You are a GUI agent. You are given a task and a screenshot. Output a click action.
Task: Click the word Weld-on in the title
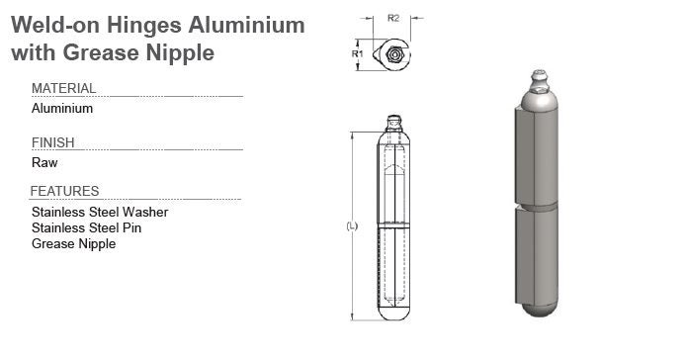tap(55, 25)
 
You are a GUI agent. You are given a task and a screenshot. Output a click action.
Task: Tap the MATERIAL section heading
tap(63, 88)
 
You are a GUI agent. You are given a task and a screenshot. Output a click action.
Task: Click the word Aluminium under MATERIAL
tap(62, 108)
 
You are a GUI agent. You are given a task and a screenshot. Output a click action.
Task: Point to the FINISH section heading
tap(52, 142)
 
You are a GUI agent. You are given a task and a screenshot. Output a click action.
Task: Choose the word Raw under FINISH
tap(44, 162)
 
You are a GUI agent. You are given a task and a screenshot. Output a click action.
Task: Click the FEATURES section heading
tap(64, 191)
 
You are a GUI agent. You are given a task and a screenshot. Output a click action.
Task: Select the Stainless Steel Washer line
tap(100, 212)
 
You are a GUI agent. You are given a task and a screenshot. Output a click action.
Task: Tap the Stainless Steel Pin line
tap(86, 227)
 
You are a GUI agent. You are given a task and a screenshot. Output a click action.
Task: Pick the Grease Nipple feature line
tap(74, 243)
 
